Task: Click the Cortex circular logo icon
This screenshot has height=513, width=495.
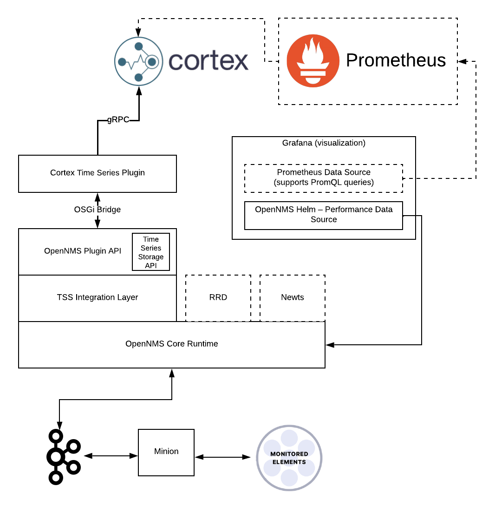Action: (x=138, y=62)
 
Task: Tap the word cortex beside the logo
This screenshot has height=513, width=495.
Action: (x=208, y=61)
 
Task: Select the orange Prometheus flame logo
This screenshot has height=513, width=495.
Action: (x=313, y=60)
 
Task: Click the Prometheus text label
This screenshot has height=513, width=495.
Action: (x=396, y=60)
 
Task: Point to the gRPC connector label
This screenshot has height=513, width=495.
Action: (x=118, y=119)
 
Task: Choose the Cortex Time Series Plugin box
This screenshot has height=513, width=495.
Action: (x=98, y=173)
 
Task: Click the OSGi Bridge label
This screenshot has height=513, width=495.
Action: (x=98, y=210)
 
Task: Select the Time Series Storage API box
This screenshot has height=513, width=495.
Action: (x=151, y=252)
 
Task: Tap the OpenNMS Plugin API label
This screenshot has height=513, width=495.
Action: (x=83, y=251)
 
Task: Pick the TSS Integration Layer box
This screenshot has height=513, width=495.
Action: (x=98, y=297)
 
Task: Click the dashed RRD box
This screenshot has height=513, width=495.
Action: (x=218, y=297)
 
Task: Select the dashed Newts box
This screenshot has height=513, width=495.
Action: (x=293, y=297)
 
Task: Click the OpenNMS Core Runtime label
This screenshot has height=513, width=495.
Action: (x=172, y=344)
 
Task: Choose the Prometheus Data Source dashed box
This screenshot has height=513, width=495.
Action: (x=324, y=178)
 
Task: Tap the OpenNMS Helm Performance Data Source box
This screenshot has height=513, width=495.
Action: (x=324, y=215)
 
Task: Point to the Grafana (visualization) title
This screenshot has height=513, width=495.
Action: (x=324, y=143)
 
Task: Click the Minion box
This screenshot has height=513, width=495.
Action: (x=166, y=452)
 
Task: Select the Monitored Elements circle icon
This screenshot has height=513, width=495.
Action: (x=289, y=458)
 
